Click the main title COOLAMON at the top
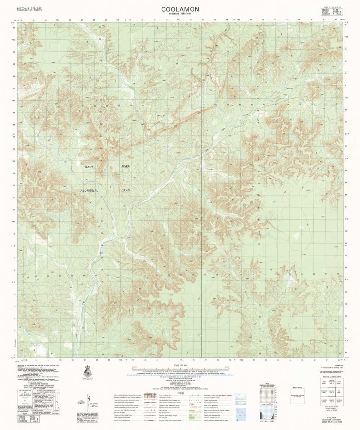(x=180, y=9)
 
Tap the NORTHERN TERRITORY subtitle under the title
(x=180, y=14)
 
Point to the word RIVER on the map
(x=125, y=166)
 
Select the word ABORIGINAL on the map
(x=89, y=190)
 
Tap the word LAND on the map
(x=126, y=190)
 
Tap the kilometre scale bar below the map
(x=180, y=369)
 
